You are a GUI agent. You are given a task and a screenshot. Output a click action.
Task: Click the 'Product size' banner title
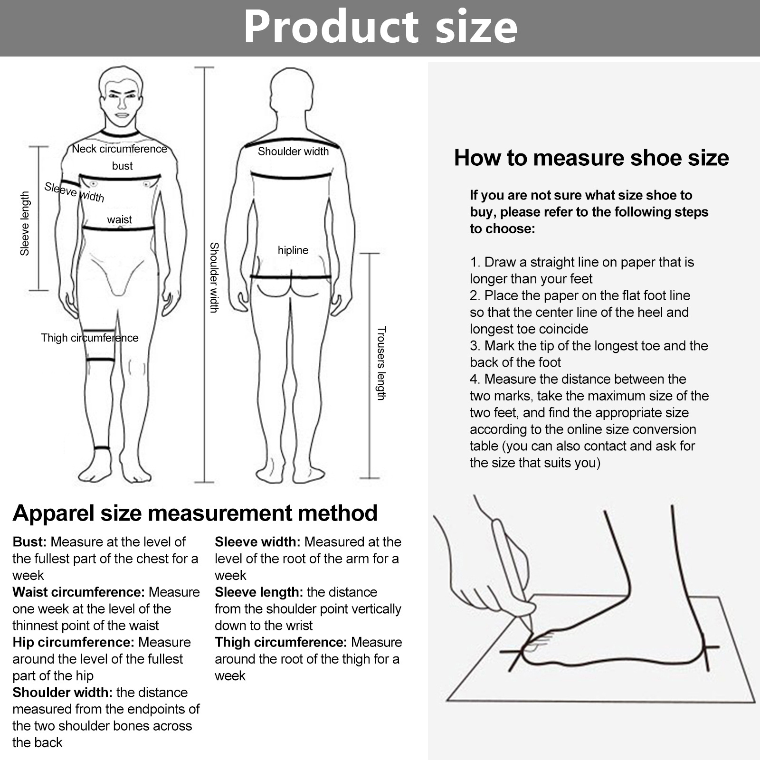(380, 27)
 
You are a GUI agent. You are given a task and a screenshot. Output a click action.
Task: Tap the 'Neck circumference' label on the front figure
(120, 149)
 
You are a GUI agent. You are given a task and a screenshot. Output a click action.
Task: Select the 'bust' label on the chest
(122, 166)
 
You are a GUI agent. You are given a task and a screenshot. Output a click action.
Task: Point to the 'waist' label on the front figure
(119, 219)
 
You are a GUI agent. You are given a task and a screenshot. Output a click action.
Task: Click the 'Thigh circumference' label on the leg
(90, 338)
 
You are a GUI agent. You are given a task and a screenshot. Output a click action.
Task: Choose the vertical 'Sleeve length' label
(25, 224)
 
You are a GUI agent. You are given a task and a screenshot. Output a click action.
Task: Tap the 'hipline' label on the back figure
(293, 250)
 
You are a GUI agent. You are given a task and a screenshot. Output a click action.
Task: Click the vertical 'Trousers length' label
(381, 363)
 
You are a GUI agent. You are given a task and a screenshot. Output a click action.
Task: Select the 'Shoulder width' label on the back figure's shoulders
(293, 152)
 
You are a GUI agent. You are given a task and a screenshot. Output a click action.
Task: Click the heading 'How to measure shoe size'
(591, 158)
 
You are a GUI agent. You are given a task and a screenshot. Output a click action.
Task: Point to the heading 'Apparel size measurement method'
(195, 513)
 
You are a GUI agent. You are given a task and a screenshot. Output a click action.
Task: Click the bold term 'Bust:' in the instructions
(29, 542)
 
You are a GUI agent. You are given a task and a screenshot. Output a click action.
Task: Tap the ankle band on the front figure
(102, 447)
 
